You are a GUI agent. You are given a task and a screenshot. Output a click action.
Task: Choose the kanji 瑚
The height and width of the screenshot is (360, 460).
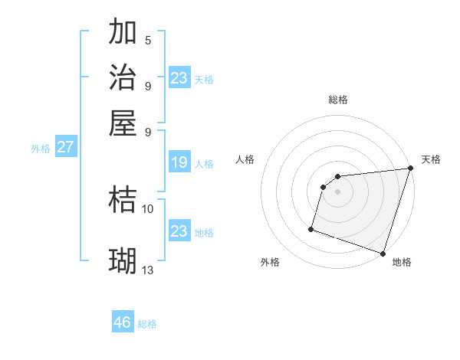[x=123, y=260]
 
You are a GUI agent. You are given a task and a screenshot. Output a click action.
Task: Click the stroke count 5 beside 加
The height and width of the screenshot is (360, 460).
[x=148, y=41]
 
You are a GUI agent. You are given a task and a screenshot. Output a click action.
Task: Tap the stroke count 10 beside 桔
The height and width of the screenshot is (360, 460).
[x=148, y=208]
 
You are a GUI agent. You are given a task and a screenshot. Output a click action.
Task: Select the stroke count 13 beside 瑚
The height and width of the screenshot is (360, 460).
[x=148, y=270]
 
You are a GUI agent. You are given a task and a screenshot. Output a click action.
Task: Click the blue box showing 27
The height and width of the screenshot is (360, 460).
[x=65, y=147]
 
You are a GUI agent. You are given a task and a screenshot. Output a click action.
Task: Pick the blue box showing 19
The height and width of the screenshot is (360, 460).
[x=179, y=162]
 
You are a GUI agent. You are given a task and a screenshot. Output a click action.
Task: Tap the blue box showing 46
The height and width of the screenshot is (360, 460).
[x=123, y=322]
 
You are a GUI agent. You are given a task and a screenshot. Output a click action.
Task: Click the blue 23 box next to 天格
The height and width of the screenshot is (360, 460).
[x=179, y=78]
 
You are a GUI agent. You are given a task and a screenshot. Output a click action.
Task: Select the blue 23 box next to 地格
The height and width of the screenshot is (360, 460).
[x=179, y=231]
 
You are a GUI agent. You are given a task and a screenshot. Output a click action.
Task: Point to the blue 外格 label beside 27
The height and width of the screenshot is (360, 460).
[x=41, y=149]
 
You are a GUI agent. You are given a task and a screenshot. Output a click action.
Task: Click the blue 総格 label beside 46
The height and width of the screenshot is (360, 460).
[x=147, y=324]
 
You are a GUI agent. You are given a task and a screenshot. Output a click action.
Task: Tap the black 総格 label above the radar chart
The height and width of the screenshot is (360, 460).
[x=338, y=100]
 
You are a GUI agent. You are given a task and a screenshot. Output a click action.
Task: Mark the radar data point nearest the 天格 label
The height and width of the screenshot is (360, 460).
[x=410, y=169]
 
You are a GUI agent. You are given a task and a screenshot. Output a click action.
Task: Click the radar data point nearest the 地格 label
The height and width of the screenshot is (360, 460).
[x=383, y=253]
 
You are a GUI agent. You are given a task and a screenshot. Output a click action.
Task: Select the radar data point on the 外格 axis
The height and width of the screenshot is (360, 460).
[x=311, y=228]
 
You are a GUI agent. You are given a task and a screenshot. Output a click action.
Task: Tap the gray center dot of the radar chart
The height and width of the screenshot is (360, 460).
[x=338, y=191]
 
